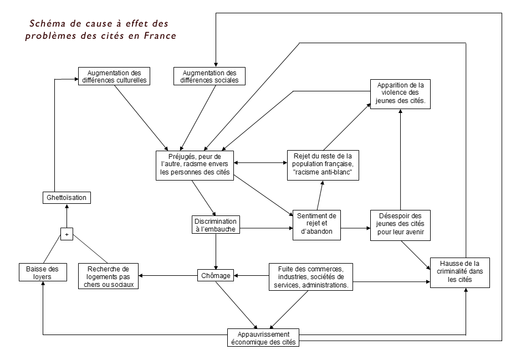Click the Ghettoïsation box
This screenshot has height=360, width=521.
66,197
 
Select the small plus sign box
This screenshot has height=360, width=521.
67,234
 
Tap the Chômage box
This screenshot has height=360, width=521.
215,275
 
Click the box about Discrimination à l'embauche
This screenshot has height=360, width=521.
216,224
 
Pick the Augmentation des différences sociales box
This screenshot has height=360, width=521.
210,76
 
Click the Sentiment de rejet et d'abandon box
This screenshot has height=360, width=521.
316,224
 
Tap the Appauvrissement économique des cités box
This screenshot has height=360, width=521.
263,338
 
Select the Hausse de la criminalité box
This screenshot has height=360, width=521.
460,272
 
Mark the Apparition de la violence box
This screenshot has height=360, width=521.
400,94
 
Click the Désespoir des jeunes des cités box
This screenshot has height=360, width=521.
400,224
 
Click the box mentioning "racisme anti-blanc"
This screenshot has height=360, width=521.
323,164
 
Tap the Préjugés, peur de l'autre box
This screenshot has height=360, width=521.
194,164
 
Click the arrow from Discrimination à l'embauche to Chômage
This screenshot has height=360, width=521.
216,252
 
